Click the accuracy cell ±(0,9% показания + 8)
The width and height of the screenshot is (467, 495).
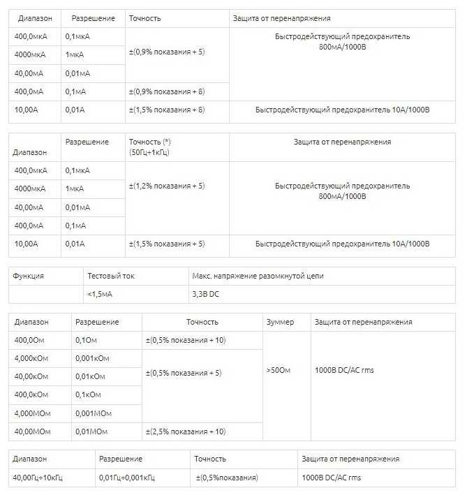166,91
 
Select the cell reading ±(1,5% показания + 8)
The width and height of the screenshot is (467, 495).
166,110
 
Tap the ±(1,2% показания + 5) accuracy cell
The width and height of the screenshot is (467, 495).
166,186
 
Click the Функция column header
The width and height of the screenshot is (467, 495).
29,276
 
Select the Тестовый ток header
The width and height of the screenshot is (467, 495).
111,276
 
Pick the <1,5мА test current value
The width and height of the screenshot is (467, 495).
100,294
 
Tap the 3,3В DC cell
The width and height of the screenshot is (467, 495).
205,294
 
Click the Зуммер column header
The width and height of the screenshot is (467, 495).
280,322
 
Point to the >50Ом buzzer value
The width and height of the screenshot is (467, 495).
279,370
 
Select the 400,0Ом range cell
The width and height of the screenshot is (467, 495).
30,340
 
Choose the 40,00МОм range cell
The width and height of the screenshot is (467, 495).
32,431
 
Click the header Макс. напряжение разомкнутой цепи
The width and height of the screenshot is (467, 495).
258,276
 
